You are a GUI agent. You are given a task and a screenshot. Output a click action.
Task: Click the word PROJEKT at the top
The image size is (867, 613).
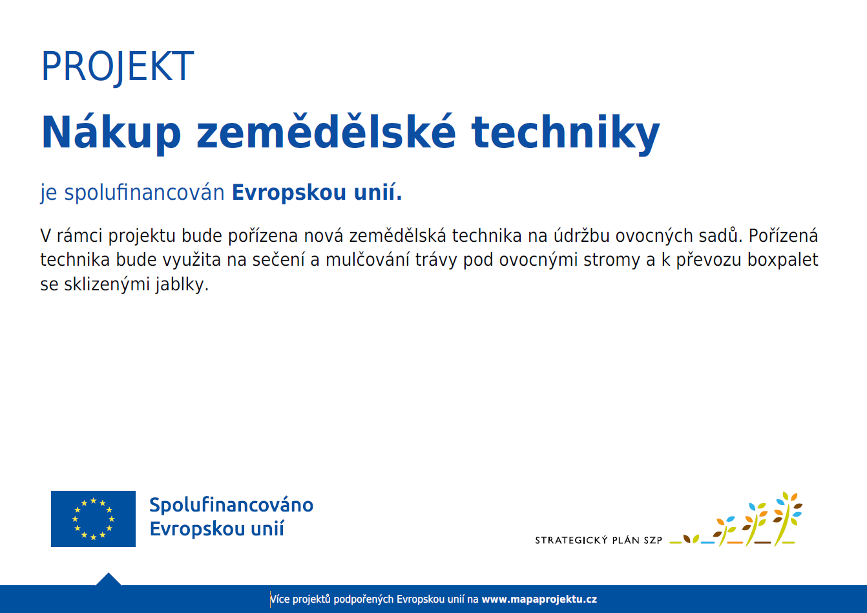pos(118,67)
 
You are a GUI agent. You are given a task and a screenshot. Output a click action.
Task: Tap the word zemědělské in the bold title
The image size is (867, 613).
pos(326,132)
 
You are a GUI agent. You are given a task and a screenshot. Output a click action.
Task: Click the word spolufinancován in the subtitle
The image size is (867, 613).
pos(144,193)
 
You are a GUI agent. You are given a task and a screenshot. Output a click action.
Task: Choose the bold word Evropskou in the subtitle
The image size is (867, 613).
pos(289,193)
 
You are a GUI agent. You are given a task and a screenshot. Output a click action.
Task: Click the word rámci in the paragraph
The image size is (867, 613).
pos(79,235)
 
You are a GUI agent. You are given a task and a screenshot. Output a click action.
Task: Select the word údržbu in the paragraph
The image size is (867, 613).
pos(581,235)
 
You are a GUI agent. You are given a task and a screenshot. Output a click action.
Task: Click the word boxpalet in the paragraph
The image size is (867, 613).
pos(782,260)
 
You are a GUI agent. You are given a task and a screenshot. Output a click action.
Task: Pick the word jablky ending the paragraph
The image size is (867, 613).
pos(182,285)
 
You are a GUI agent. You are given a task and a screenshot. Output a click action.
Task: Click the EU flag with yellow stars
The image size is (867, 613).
pos(93,519)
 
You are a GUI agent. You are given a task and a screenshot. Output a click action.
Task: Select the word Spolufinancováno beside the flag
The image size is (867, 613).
pos(231,506)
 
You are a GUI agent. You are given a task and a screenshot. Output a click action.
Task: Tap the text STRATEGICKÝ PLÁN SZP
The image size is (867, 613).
pos(598,540)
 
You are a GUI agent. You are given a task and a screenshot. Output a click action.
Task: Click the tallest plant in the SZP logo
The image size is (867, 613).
pos(788,519)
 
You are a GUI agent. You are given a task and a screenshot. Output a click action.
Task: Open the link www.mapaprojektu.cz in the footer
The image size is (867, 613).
pos(539,599)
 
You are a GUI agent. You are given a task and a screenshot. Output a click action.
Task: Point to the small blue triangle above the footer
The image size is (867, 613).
pos(109,579)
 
